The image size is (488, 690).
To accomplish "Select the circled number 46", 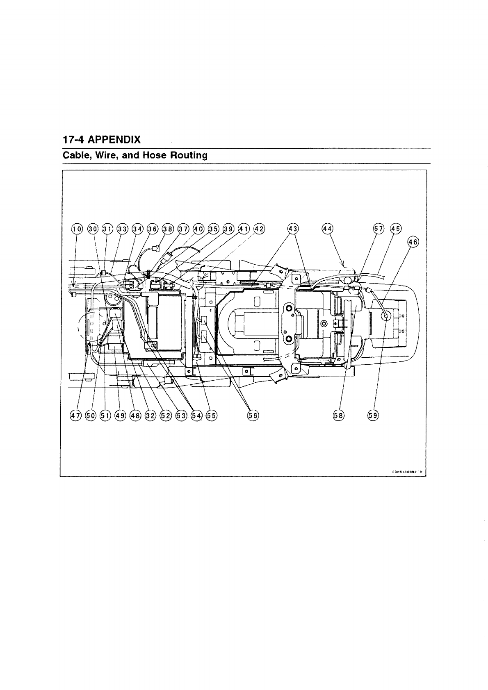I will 413,242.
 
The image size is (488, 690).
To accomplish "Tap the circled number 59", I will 373,415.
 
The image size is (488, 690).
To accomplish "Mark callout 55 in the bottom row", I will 212,415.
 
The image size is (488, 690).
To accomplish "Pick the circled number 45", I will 396,229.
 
